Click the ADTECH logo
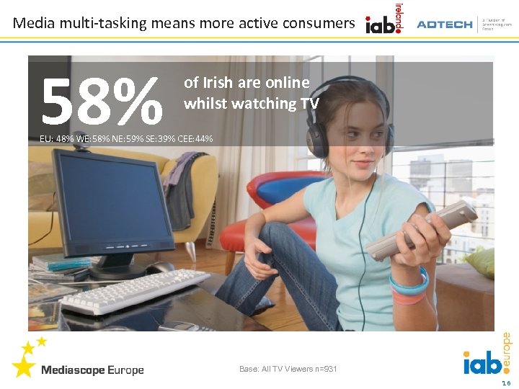(444, 24)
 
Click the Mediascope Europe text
(92, 370)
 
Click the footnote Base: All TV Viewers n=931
(288, 370)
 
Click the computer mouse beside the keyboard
(160, 267)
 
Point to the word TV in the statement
(310, 104)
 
